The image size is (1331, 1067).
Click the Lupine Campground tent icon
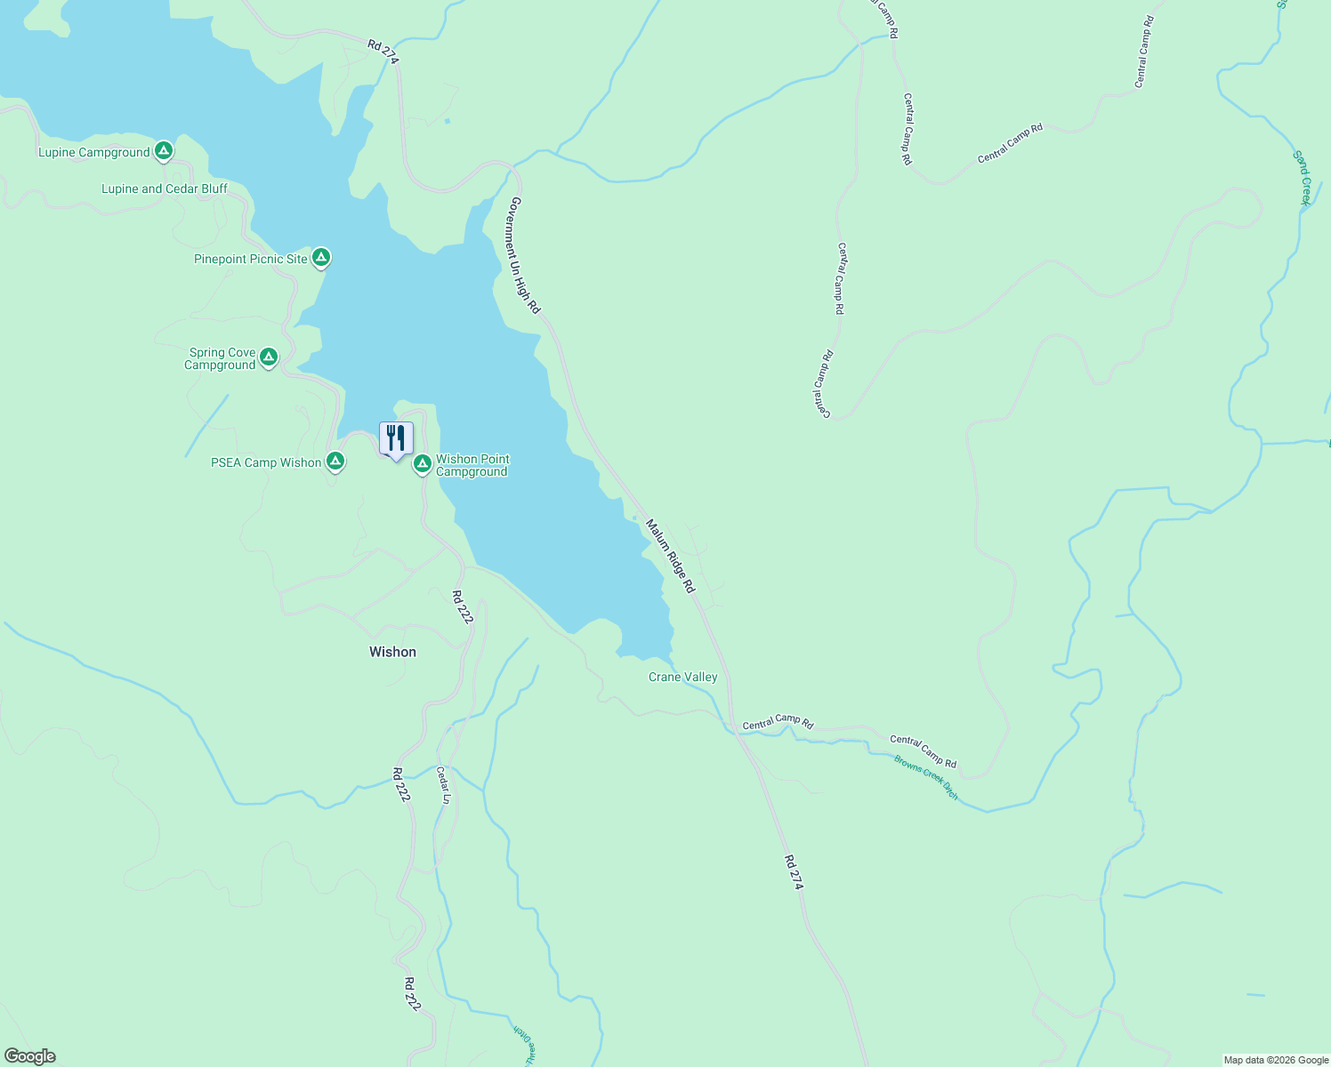[163, 151]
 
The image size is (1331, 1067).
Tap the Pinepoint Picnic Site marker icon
[321, 258]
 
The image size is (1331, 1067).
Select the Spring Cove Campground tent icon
[269, 357]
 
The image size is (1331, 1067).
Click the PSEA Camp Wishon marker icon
[335, 461]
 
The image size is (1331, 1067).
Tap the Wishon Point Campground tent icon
[423, 464]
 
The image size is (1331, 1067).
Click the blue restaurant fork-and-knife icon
[396, 438]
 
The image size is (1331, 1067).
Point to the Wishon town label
[392, 652]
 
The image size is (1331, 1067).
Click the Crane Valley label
[682, 677]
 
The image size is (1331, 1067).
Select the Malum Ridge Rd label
[670, 557]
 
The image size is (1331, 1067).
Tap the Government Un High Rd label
[524, 255]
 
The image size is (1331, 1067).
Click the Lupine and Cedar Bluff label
[165, 189]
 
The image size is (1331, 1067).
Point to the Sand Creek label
[1303, 178]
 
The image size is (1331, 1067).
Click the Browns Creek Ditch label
[926, 777]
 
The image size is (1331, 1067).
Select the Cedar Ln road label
[443, 786]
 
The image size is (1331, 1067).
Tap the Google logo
[30, 1056]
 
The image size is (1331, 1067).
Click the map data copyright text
[1275, 1060]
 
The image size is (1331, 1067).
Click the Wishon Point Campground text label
[472, 465]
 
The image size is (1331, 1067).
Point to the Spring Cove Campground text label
[222, 358]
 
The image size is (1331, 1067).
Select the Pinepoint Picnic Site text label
[251, 259]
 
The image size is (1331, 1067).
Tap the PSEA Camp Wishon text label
[266, 462]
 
